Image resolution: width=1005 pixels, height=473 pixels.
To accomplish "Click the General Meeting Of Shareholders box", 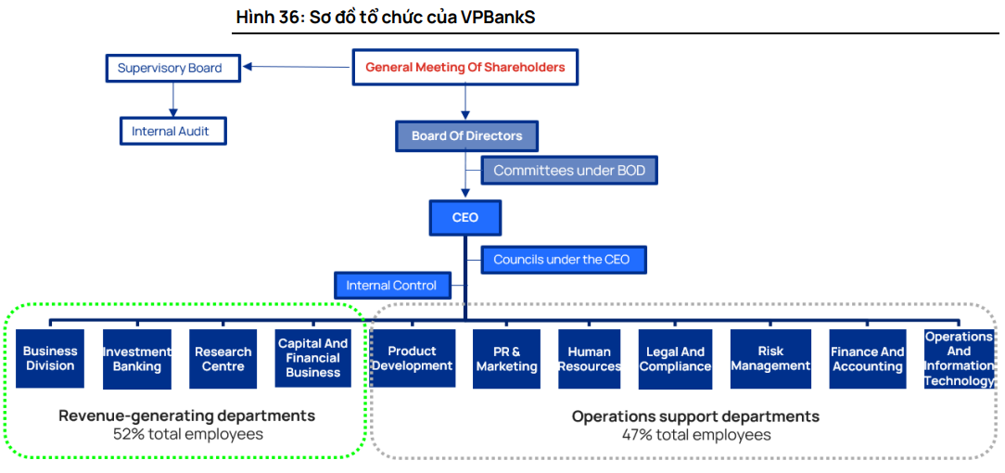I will [x=464, y=67].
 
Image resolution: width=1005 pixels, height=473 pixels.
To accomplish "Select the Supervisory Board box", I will [x=170, y=68].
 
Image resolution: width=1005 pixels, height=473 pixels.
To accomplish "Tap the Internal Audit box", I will [x=172, y=131].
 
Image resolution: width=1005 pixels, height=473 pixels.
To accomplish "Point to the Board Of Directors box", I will [x=467, y=135].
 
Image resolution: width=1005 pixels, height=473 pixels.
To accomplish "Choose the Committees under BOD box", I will [x=569, y=171].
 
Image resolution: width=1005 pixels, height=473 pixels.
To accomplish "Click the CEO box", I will [x=465, y=217].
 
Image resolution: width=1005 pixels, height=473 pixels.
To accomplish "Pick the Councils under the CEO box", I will [x=563, y=260].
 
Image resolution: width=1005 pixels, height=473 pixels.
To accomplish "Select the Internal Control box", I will [x=392, y=285].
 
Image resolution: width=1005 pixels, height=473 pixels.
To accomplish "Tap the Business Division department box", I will [x=50, y=358].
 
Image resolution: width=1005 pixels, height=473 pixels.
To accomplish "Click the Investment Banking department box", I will [x=137, y=358].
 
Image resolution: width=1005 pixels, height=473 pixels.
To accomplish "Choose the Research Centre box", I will [x=223, y=358].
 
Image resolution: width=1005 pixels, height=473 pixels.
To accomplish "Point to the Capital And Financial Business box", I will [x=313, y=358].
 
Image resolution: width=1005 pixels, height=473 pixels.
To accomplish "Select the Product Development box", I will [x=413, y=358].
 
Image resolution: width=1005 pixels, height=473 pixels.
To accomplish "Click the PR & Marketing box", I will [x=506, y=358].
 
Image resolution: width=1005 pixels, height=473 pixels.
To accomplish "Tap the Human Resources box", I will [x=590, y=358].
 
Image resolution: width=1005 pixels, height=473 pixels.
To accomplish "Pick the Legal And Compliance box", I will [x=676, y=358].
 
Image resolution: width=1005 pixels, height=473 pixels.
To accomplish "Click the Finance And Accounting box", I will [x=868, y=358].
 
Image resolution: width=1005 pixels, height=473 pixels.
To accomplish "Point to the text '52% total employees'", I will [x=187, y=434].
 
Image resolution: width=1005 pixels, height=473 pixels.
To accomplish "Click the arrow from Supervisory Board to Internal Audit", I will [x=172, y=99].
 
